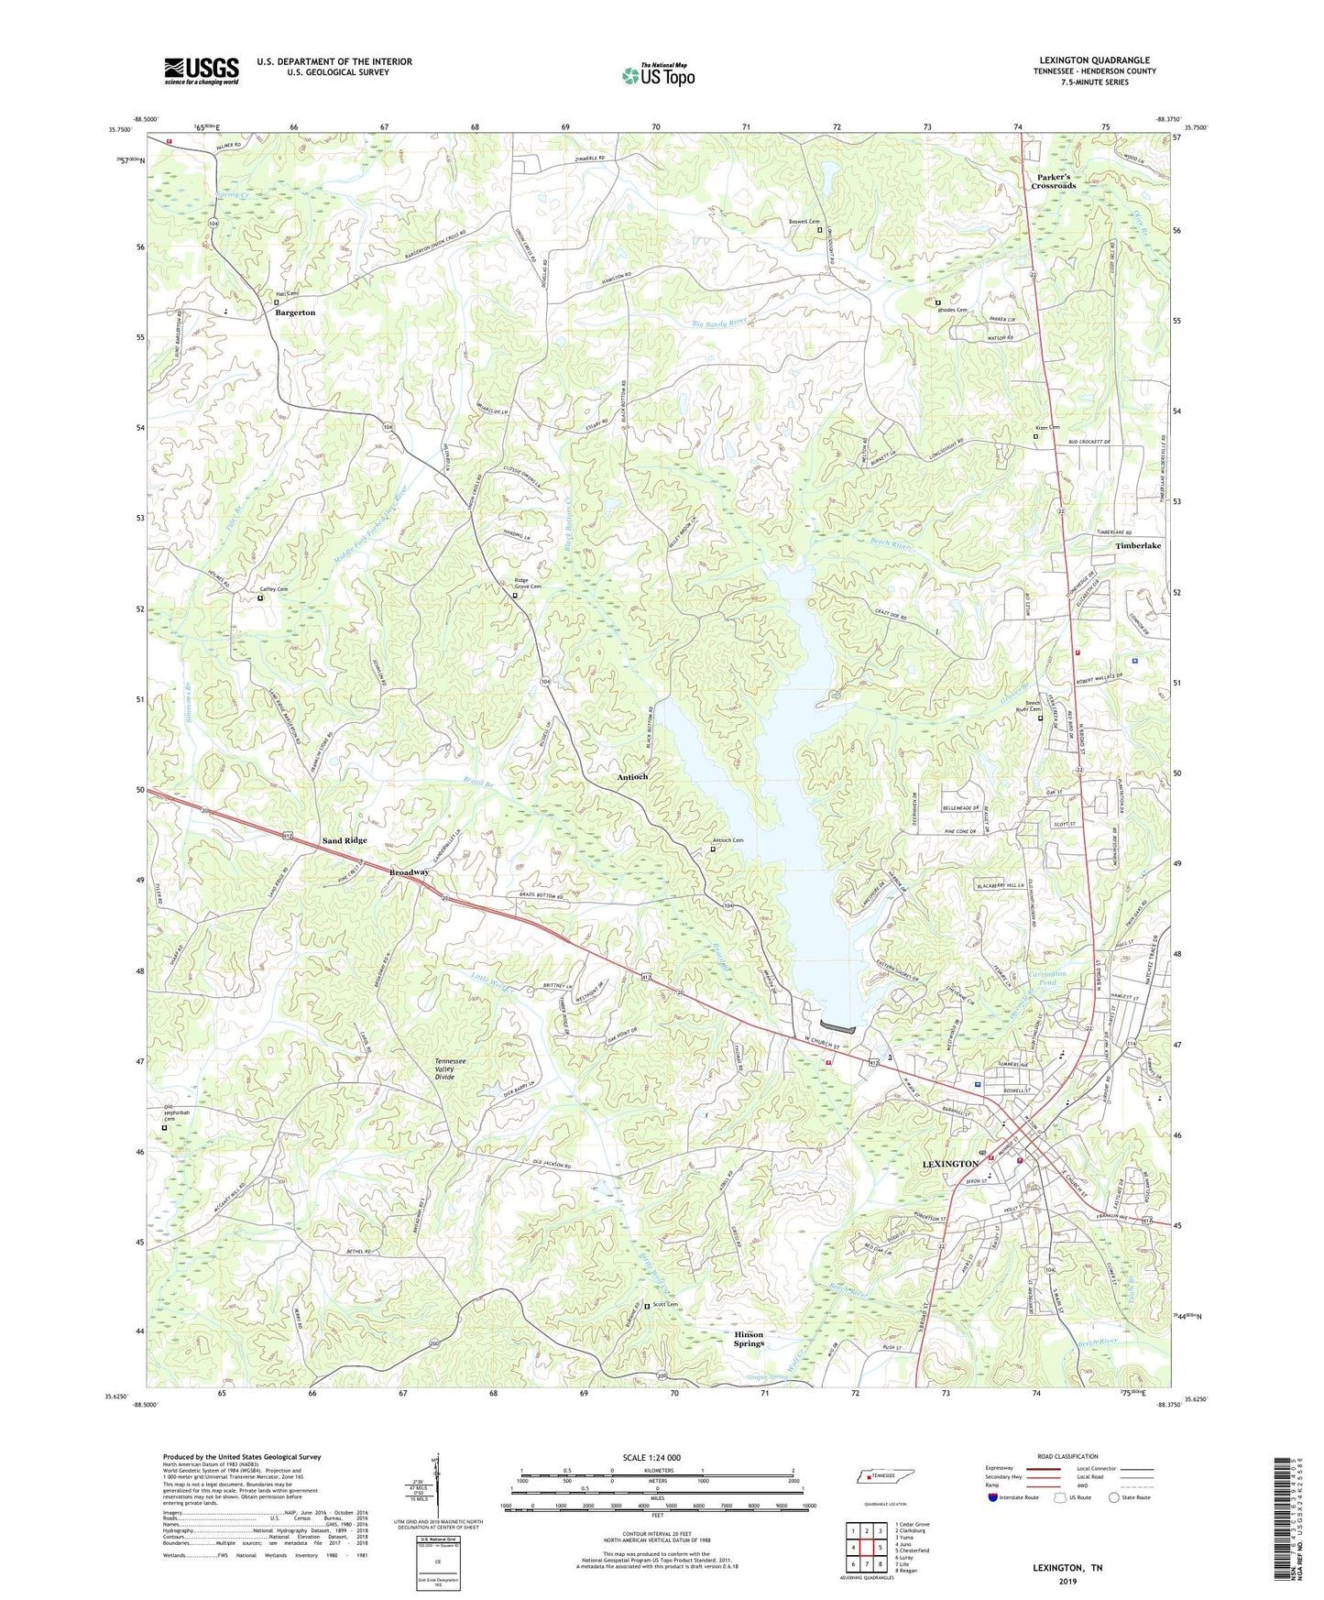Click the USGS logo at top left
pyautogui.click(x=202, y=71)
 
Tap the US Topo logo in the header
pyautogui.click(x=658, y=74)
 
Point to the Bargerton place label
pyautogui.click(x=295, y=312)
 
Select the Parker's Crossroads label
pyautogui.click(x=1053, y=181)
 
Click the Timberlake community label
pyautogui.click(x=1138, y=545)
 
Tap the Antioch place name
pyautogui.click(x=632, y=776)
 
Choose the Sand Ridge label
pyautogui.click(x=344, y=840)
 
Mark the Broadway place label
pyautogui.click(x=409, y=871)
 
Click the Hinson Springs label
pyautogui.click(x=748, y=1339)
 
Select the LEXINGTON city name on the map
pyautogui.click(x=949, y=1164)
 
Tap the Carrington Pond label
pyautogui.click(x=1046, y=978)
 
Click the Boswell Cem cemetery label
pyautogui.click(x=801, y=221)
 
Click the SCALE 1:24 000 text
pyautogui.click(x=651, y=1458)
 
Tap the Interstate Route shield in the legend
pyautogui.click(x=993, y=1498)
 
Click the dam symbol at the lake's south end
pyautogui.click(x=838, y=1025)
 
